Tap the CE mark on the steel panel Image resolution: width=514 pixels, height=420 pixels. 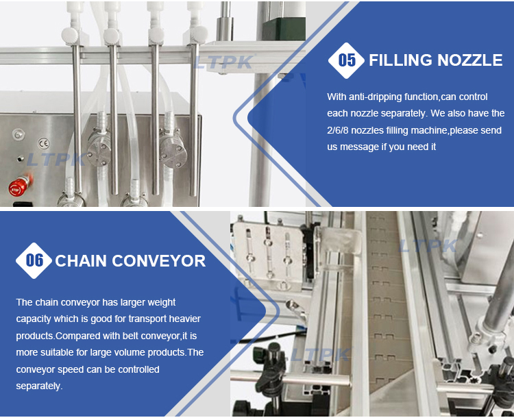[44, 143]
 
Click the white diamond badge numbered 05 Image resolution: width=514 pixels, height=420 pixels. [346, 60]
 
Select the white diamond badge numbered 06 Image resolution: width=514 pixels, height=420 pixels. [34, 261]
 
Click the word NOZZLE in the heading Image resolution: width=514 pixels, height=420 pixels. [469, 60]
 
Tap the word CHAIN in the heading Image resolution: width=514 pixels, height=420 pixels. [81, 261]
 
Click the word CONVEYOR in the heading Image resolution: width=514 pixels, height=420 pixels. [159, 261]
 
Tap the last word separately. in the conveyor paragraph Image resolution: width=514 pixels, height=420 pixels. [39, 386]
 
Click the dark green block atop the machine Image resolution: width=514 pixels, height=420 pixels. [284, 29]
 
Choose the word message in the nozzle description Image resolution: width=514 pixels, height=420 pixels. [359, 147]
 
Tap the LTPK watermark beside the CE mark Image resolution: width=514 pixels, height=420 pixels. [56, 160]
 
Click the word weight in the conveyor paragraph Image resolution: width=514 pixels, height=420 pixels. [162, 302]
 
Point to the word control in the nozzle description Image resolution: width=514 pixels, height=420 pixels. [474, 97]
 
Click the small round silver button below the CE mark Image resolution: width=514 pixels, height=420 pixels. [21, 158]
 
